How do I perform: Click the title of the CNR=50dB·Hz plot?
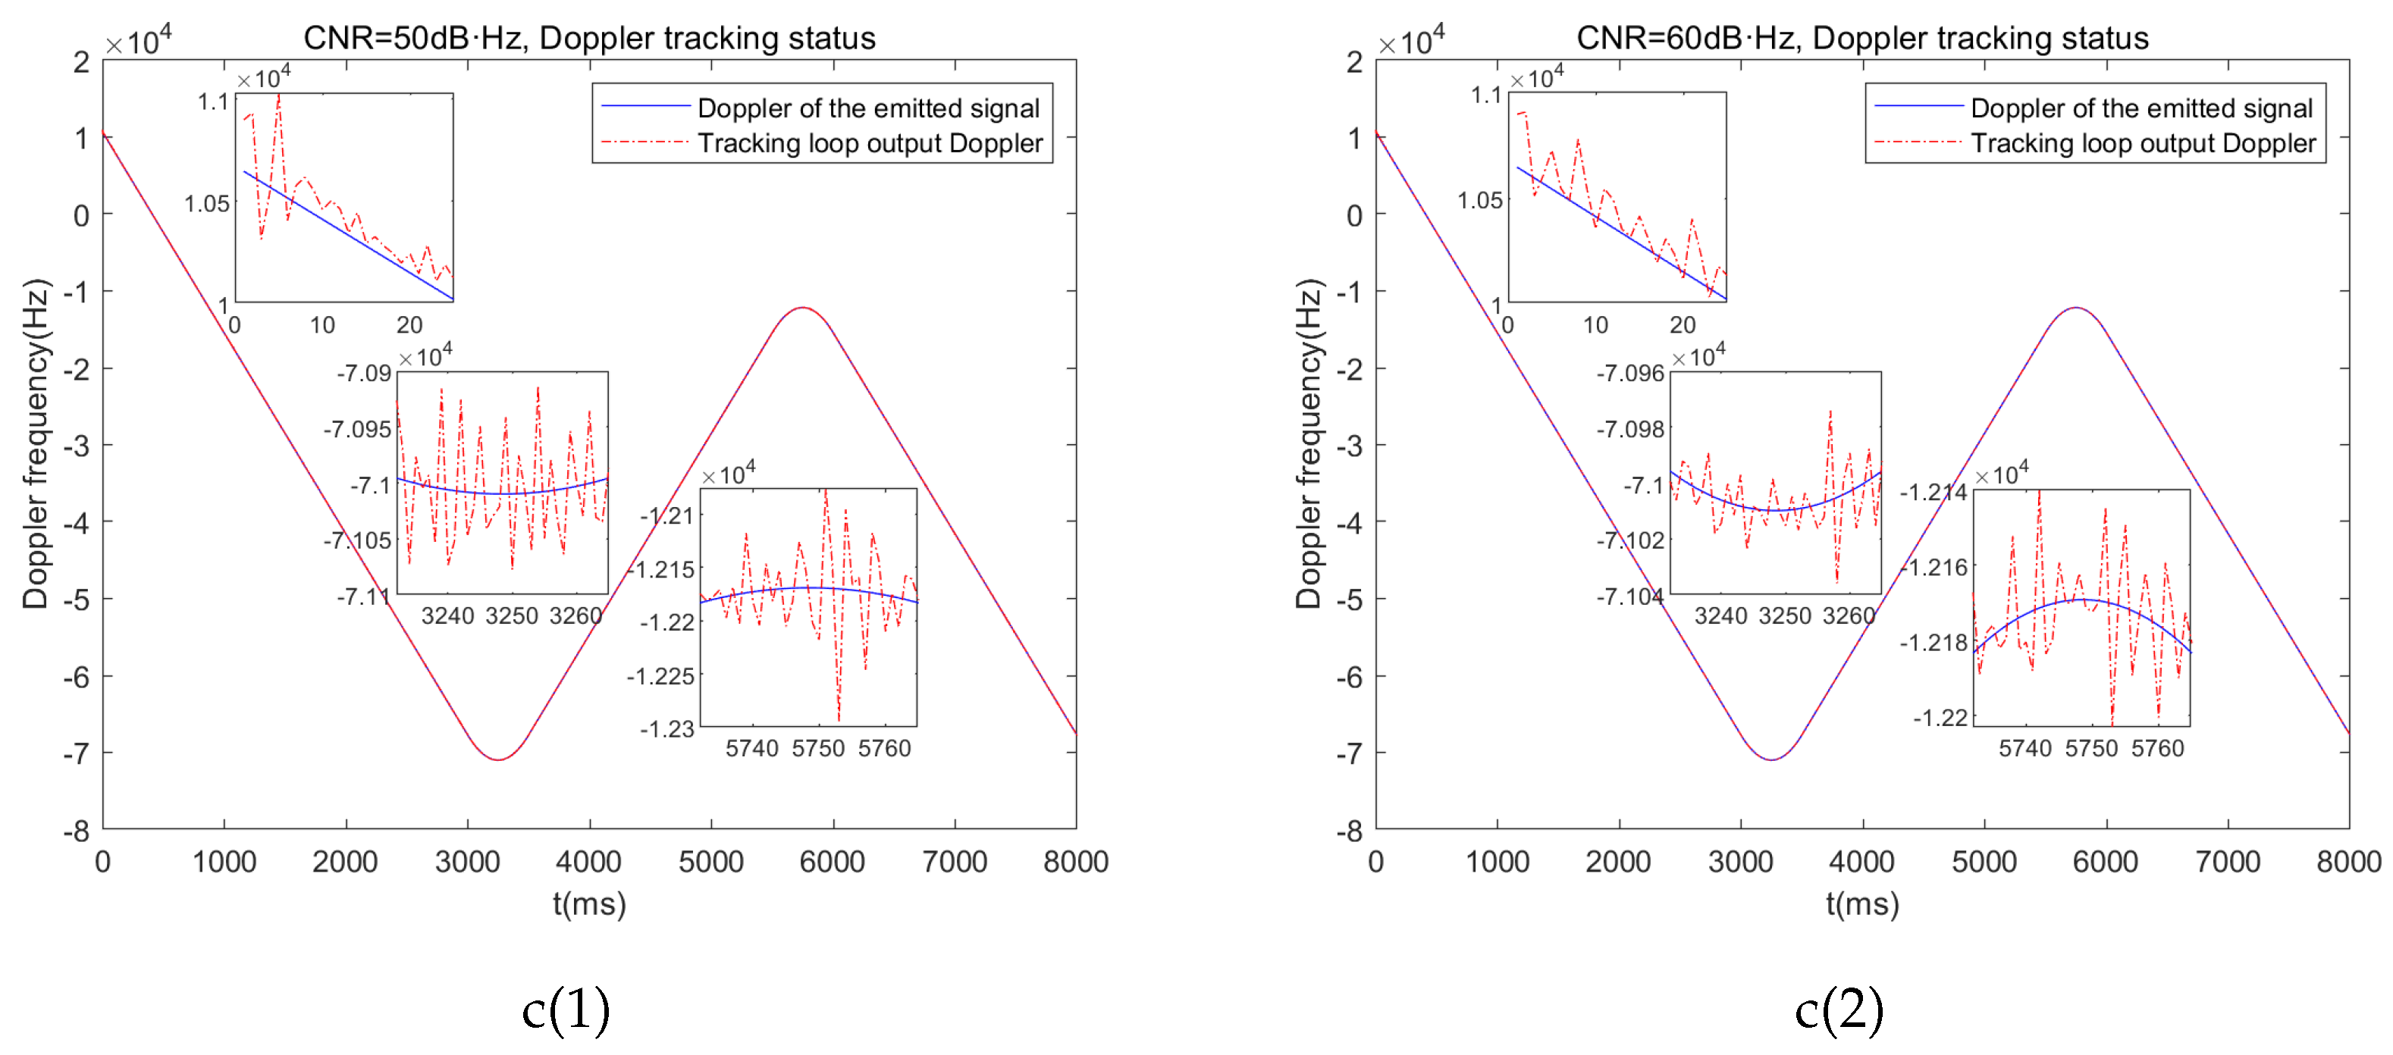click(589, 38)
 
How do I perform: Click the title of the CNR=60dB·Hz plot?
click(1861, 38)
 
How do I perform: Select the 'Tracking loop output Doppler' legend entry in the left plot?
click(870, 143)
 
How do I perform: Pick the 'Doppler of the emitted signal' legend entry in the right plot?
click(2141, 108)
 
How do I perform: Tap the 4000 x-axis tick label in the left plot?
click(588, 862)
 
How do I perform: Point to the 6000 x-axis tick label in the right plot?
click(2105, 862)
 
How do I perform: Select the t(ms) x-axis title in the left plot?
click(589, 903)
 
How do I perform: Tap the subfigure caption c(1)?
click(566, 1010)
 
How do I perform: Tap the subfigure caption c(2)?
click(1839, 1010)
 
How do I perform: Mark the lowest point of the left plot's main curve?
click(499, 759)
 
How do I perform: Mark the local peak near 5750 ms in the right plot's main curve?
click(2075, 308)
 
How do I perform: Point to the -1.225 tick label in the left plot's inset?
click(660, 676)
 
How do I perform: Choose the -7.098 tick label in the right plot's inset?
click(1630, 429)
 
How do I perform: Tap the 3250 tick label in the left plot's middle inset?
click(512, 615)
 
